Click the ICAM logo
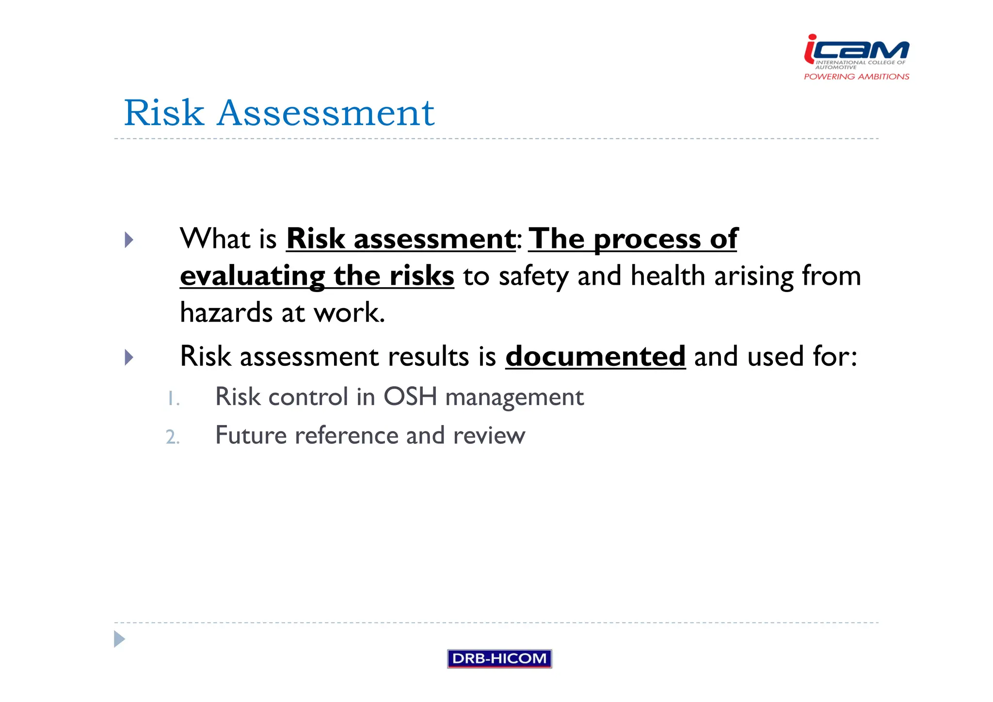click(x=856, y=51)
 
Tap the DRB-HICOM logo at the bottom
click(x=499, y=658)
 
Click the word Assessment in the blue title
click(x=325, y=113)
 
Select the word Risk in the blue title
click(x=164, y=113)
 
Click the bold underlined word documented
click(x=595, y=357)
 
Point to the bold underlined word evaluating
click(x=252, y=276)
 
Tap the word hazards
click(x=226, y=313)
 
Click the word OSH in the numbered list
click(x=410, y=397)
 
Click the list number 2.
click(x=172, y=438)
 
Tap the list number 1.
click(x=173, y=399)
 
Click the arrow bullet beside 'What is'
click(x=128, y=240)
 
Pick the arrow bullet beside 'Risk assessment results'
click(x=128, y=358)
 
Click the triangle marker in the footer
click(x=119, y=639)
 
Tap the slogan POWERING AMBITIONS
click(x=856, y=77)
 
